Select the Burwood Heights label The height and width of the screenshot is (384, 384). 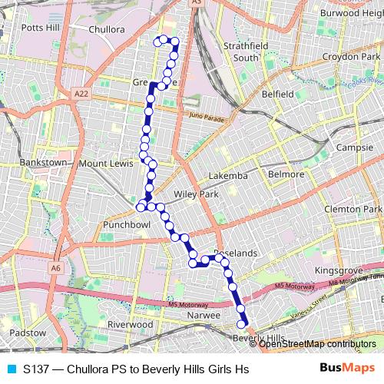click(x=349, y=13)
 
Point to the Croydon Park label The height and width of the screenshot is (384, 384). click(x=351, y=57)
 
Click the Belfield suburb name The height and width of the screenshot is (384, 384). click(x=277, y=94)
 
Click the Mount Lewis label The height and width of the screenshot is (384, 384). click(x=106, y=164)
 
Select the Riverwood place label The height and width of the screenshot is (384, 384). click(x=131, y=325)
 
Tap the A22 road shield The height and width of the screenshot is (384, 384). click(x=82, y=93)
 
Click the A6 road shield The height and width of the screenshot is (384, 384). click(x=56, y=268)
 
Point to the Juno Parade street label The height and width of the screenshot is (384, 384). click(x=204, y=119)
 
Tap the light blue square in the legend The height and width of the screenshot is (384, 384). click(x=11, y=369)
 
